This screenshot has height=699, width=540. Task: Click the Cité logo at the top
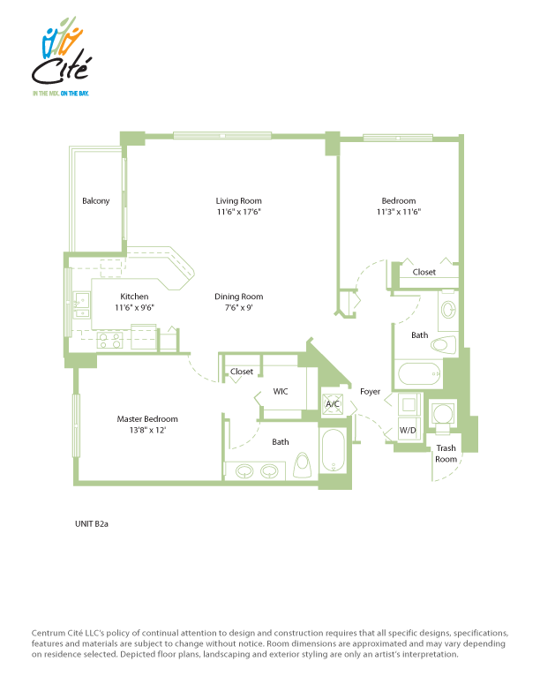tap(62, 56)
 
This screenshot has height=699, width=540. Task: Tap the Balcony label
tap(96, 201)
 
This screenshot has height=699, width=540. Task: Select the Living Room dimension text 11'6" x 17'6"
tap(239, 212)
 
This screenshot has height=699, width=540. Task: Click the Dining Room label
tap(239, 297)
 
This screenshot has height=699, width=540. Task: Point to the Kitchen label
tap(134, 297)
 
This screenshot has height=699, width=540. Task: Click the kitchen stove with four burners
tap(110, 341)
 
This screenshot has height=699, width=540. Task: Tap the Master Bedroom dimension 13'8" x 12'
tap(147, 430)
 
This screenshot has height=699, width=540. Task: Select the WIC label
tap(281, 391)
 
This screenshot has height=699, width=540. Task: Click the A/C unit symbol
tap(333, 403)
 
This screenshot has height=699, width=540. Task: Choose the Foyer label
tap(371, 391)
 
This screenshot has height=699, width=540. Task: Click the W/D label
tap(408, 430)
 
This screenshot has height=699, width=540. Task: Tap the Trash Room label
tap(446, 454)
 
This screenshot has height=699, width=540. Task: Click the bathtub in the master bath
tap(333, 450)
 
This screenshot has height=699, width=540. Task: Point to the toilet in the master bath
tap(302, 466)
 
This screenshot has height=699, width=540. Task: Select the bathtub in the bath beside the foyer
tap(419, 373)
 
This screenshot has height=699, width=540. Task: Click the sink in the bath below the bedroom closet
tap(447, 310)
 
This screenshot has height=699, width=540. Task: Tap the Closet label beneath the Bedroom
tap(424, 272)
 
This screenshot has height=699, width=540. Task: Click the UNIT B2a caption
tap(92, 523)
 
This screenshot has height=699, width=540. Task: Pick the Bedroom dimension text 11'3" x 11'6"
tap(399, 212)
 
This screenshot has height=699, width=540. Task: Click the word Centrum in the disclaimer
tap(49, 633)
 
